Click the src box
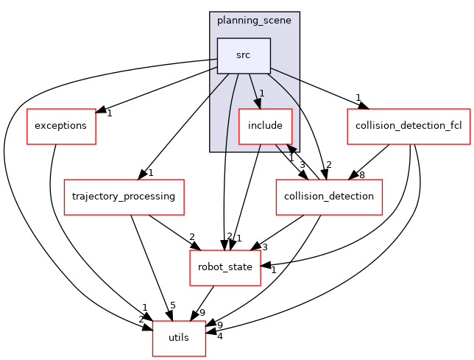(243, 55)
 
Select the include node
(265, 126)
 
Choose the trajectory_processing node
(124, 197)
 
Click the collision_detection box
(328, 197)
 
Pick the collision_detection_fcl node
(408, 126)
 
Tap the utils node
(179, 338)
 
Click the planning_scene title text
(254, 21)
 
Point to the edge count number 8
(361, 175)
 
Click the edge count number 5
(172, 306)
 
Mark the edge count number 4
(220, 336)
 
